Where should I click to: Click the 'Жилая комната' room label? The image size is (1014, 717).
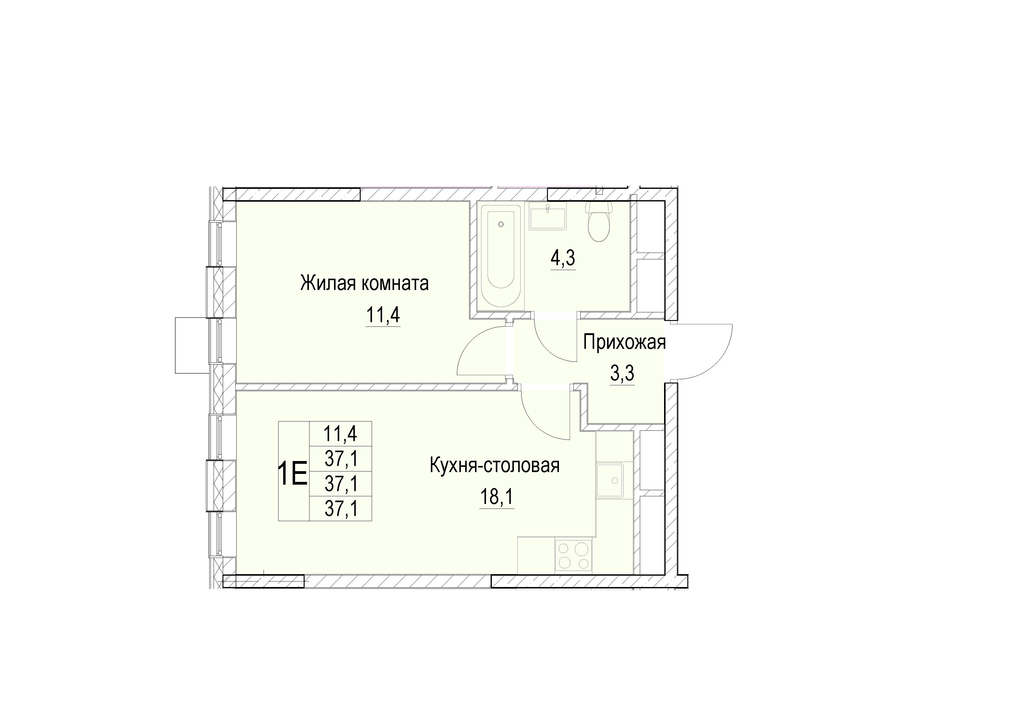[364, 283]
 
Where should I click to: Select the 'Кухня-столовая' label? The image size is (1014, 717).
[495, 466]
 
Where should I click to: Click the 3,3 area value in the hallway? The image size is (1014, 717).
[622, 374]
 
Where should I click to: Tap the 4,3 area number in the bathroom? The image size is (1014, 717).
[563, 258]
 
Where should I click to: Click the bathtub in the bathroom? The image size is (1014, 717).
[501, 257]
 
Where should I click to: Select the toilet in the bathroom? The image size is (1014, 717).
[598, 222]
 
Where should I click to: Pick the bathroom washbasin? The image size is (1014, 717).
[548, 216]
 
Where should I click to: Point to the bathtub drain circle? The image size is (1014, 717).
[501, 224]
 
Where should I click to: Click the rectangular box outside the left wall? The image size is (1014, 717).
[191, 345]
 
